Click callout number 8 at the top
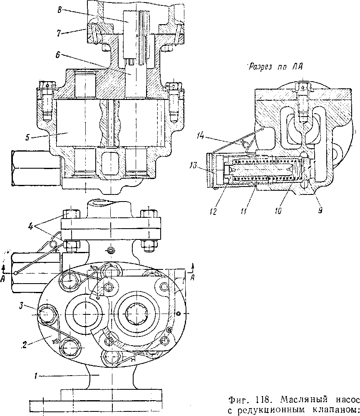pos(60,10)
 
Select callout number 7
pos(59,33)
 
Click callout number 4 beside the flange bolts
pos(31,227)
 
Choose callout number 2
pos(25,346)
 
